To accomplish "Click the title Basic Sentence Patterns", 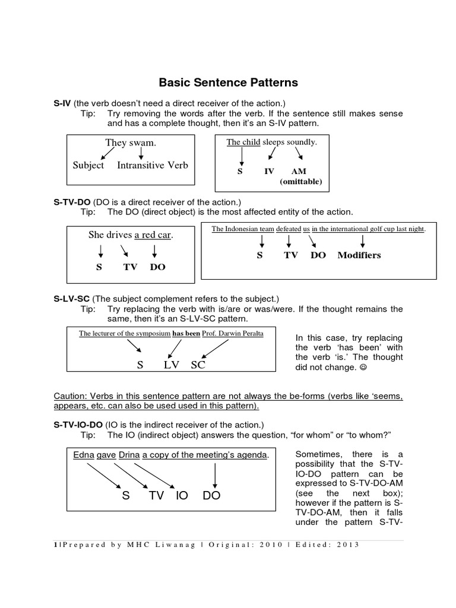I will [228, 82].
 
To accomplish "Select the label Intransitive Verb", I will [153, 165].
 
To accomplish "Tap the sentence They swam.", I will [131, 142].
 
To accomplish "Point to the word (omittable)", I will [301, 182].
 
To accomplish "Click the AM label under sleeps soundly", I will [299, 171].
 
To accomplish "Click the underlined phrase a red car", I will [153, 235].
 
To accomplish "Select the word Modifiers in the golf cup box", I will [359, 255].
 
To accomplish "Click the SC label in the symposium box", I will [198, 365].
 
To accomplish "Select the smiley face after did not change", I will [363, 368].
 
